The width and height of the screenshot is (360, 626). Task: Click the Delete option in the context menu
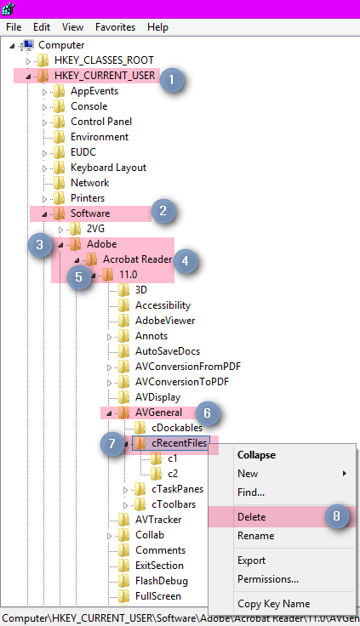252,516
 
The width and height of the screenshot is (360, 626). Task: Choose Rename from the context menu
255,535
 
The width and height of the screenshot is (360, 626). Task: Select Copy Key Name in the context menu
274,604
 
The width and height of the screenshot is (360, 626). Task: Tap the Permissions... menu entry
268,579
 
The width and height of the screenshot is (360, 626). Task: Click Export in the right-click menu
251,561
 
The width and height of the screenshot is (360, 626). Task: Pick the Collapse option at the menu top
256,455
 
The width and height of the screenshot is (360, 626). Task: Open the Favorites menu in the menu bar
115,27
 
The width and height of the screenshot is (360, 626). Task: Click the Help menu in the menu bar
157,27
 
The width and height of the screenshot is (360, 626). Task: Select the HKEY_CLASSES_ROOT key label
104,60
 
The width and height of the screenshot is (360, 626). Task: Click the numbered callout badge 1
172,80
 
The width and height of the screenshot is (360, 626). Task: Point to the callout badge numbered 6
207,413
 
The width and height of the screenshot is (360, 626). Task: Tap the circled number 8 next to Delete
336,516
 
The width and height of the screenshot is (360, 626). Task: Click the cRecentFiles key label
179,443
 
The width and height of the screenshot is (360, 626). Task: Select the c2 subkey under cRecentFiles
173,474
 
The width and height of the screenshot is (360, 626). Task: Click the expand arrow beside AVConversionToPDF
109,383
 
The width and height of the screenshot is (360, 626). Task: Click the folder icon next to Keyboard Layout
59,168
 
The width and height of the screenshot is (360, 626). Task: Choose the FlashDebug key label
162,580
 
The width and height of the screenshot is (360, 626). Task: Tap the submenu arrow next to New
344,474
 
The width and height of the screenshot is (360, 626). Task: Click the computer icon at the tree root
27,45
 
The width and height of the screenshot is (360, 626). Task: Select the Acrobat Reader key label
138,259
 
